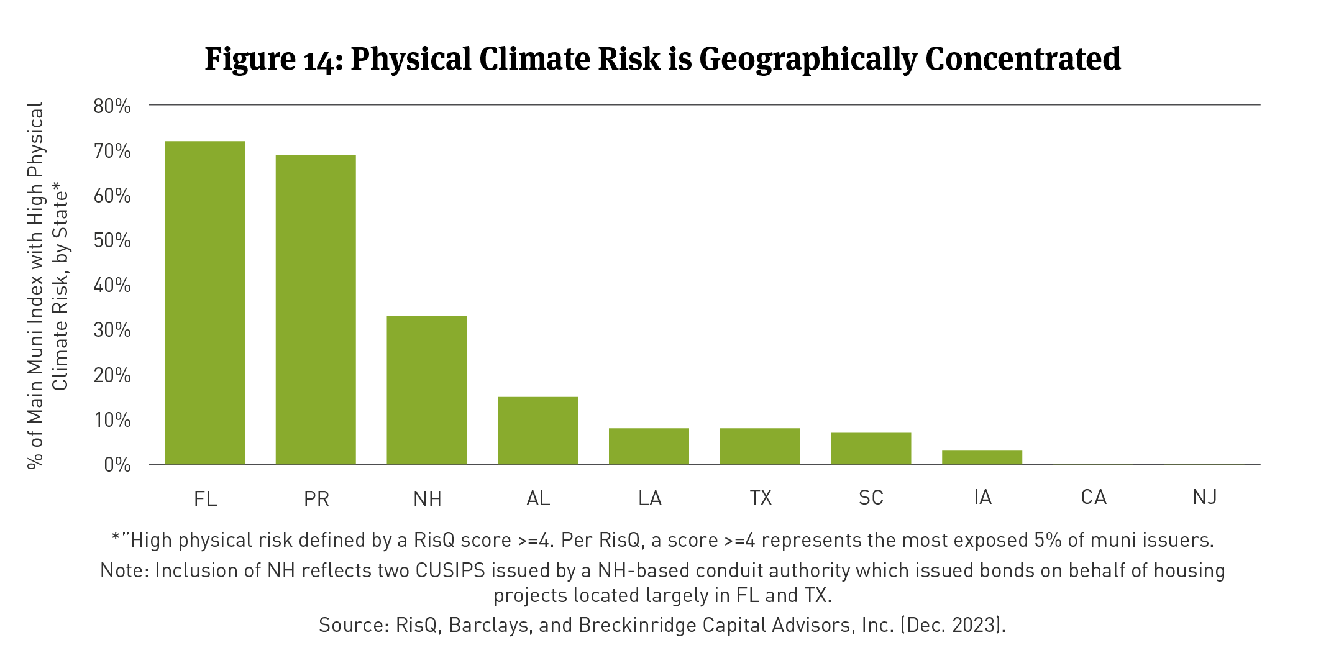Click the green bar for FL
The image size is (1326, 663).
point(204,303)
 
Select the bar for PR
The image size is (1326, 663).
point(316,309)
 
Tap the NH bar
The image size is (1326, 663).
point(427,390)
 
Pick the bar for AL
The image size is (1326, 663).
point(537,431)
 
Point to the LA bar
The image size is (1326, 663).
point(649,446)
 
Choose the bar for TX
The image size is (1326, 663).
point(760,446)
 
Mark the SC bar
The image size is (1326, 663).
point(871,449)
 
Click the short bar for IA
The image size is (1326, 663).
point(982,457)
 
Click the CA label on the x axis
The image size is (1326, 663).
point(1094,497)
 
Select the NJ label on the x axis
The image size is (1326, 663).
point(1204,497)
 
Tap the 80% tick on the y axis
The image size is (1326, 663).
point(112,106)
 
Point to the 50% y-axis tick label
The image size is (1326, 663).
point(112,240)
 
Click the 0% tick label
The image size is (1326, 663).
point(117,465)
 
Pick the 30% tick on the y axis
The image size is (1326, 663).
point(112,330)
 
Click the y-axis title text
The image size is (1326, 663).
point(47,285)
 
